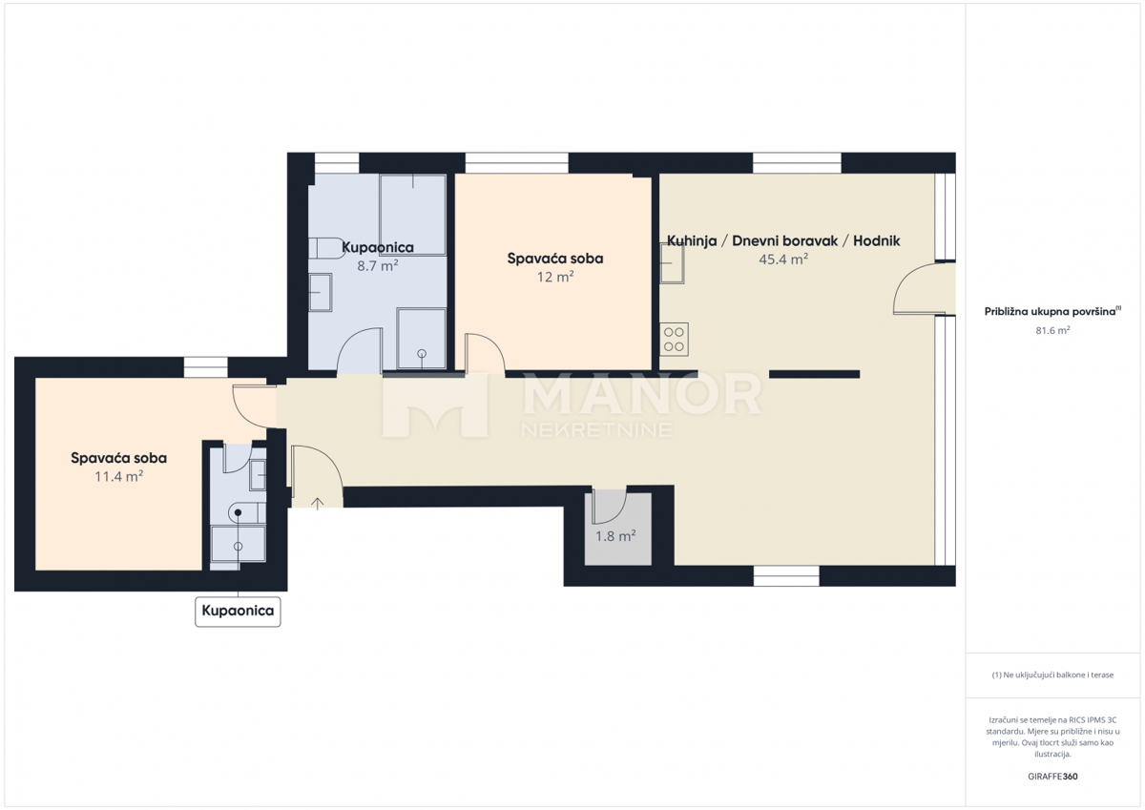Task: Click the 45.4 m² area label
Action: pyautogui.click(x=783, y=260)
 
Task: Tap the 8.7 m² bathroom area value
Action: pyautogui.click(x=377, y=266)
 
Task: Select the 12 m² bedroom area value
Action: pyautogui.click(x=555, y=277)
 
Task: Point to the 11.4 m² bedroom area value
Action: pyautogui.click(x=118, y=476)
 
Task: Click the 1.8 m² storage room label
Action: pyautogui.click(x=615, y=536)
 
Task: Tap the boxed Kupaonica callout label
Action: pyautogui.click(x=238, y=611)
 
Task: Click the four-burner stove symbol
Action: pyautogui.click(x=674, y=340)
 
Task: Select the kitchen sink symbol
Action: pyautogui.click(x=672, y=263)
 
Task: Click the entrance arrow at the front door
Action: pyautogui.click(x=318, y=504)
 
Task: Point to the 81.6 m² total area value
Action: pyautogui.click(x=1052, y=330)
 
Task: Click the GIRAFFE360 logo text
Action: pyautogui.click(x=1052, y=777)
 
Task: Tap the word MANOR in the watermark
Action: pyautogui.click(x=641, y=394)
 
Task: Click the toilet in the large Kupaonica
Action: pyautogui.click(x=326, y=248)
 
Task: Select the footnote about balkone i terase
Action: pyautogui.click(x=1052, y=675)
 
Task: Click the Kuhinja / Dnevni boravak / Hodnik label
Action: pyautogui.click(x=783, y=240)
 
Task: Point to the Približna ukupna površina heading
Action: pyautogui.click(x=1052, y=311)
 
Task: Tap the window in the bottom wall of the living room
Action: pyautogui.click(x=786, y=576)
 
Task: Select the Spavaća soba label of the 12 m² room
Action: pyautogui.click(x=555, y=259)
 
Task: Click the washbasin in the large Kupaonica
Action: pyautogui.click(x=321, y=292)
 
